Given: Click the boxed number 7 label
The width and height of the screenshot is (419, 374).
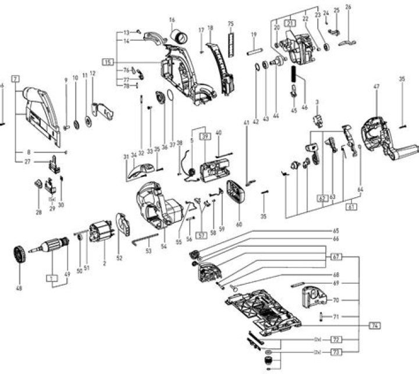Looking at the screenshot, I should tap(15, 77).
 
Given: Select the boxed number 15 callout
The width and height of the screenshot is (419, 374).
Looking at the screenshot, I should tap(108, 61).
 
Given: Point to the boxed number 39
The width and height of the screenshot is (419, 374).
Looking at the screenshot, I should tap(205, 136).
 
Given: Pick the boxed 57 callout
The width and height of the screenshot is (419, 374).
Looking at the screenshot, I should tap(202, 236).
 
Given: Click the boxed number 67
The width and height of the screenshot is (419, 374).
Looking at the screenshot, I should tap(336, 257).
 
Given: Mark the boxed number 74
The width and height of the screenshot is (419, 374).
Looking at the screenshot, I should tap(376, 325).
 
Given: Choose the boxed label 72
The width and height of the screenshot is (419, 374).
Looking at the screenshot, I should tap(336, 339).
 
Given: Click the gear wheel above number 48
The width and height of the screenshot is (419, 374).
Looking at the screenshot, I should tap(20, 255).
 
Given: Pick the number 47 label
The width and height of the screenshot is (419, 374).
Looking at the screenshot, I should tap(376, 87).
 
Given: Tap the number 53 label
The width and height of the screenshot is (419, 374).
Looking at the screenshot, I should tap(148, 251).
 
